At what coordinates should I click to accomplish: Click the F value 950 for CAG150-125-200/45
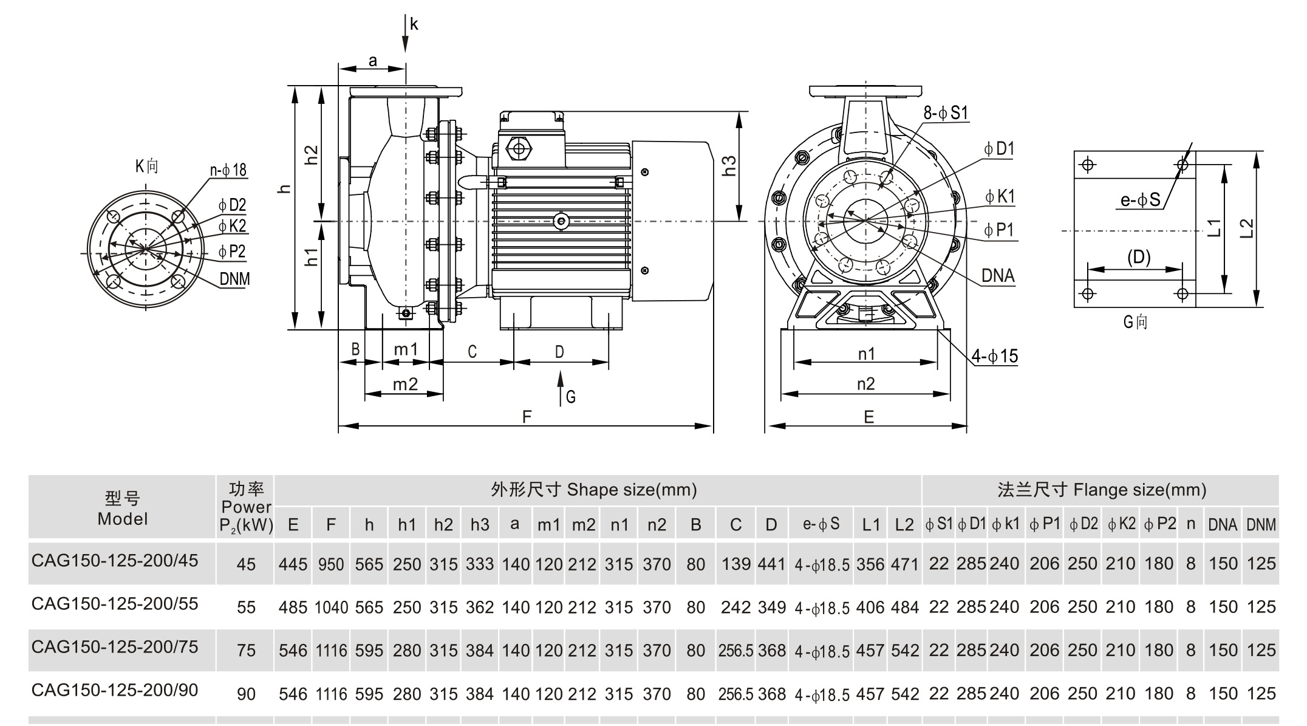click(330, 564)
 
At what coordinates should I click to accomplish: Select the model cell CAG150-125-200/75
click(115, 646)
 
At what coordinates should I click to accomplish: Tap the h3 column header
click(479, 524)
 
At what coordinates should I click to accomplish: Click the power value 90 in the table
click(246, 694)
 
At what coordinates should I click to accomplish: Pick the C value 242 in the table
click(735, 607)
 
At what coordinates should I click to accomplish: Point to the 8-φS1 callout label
click(946, 112)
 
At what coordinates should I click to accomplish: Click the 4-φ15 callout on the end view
click(994, 356)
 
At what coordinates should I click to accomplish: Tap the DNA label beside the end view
click(998, 276)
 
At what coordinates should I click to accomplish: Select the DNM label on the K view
click(234, 279)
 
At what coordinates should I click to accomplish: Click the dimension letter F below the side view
click(527, 417)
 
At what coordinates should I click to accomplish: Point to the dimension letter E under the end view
click(868, 417)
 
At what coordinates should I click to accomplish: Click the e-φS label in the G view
click(1140, 200)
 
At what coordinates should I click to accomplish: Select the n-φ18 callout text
click(228, 170)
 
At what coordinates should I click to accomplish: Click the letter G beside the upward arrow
click(570, 397)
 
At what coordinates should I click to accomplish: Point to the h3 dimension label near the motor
click(729, 165)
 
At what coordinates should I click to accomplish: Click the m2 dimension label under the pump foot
click(405, 385)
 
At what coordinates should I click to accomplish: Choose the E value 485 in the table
click(293, 607)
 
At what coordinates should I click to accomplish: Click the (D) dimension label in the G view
click(1139, 258)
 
